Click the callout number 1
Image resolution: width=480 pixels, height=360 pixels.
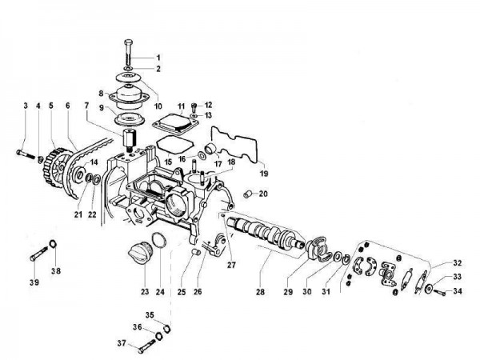[158, 58]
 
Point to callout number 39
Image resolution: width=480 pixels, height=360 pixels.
[34, 283]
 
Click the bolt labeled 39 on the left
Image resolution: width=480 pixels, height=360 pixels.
[38, 257]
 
